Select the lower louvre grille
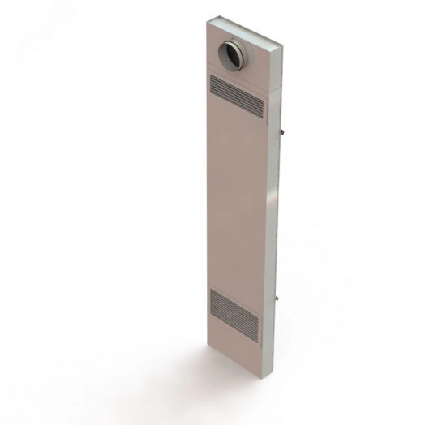pyautogui.click(x=234, y=312)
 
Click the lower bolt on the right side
pyautogui.click(x=281, y=301)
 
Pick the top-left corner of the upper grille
pyautogui.click(x=211, y=75)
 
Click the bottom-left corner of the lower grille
pyautogui.click(x=209, y=311)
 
